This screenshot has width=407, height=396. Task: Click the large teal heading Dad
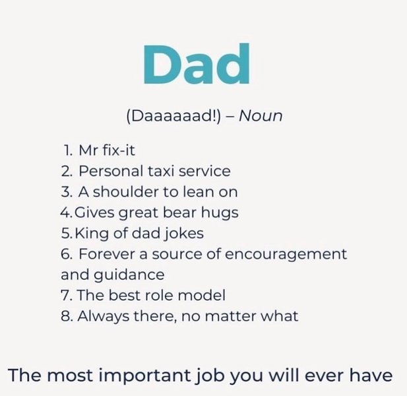pos(197,63)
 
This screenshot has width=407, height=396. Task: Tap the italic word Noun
pos(261,115)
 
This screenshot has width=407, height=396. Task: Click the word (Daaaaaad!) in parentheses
pos(173,116)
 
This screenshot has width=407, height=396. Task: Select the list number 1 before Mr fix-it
pos(68,150)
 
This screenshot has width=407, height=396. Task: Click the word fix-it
pos(119,150)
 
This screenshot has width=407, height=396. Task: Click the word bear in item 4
pos(179,212)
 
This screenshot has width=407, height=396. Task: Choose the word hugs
pos(220,213)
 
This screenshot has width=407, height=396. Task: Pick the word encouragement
pos(286,255)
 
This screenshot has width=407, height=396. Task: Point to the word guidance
pos(129,275)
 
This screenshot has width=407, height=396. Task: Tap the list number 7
pos(65,296)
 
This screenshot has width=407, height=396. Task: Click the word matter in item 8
pos(230,317)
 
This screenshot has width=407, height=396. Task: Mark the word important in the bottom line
pos(144,376)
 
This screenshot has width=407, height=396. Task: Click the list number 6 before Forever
pos(66,254)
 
